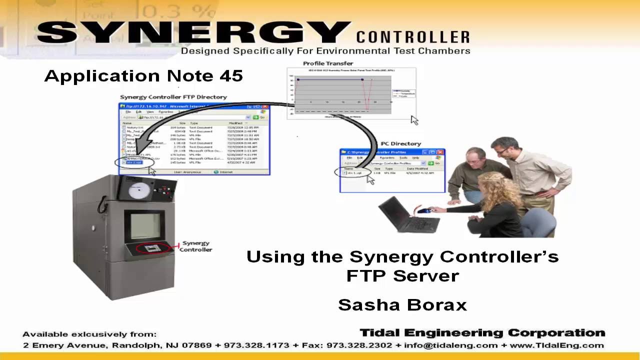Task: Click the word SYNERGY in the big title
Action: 192,33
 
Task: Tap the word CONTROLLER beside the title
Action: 413,37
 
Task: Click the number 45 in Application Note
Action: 230,76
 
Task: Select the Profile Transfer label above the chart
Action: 328,63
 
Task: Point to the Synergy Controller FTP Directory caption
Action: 173,97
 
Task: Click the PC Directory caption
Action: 400,144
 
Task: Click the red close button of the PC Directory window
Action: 440,152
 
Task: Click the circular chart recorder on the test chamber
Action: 135,190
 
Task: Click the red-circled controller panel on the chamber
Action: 152,248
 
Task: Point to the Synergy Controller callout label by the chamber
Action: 195,246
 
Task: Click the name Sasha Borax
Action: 402,305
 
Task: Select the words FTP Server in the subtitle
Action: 402,275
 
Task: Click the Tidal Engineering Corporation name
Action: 482,333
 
